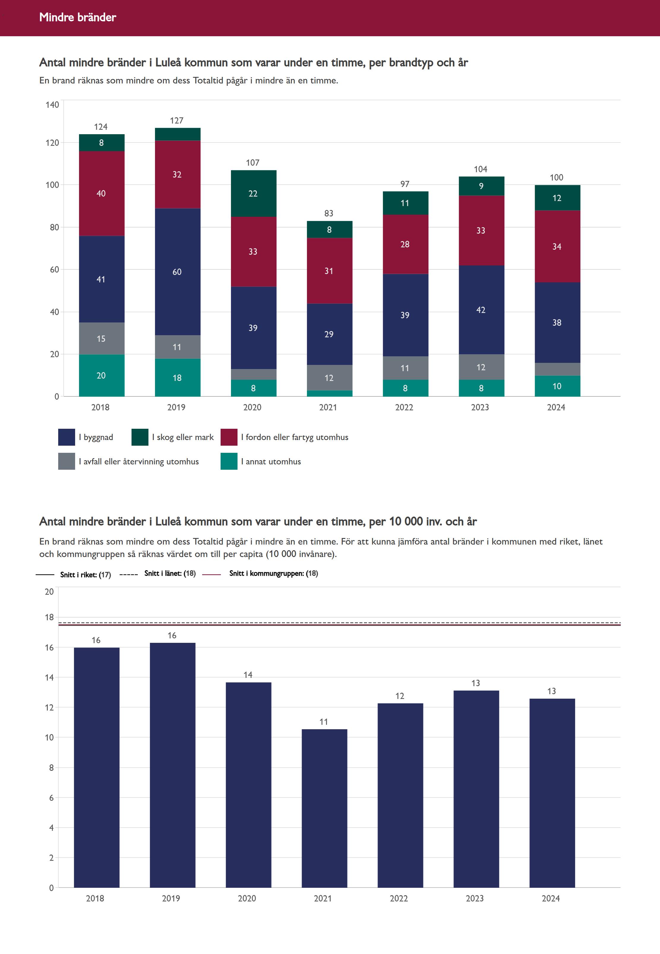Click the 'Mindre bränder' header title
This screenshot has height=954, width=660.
point(78,17)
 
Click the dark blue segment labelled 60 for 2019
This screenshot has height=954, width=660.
point(178,272)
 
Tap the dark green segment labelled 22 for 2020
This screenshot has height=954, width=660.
point(253,194)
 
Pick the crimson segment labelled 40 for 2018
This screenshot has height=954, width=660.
point(101,194)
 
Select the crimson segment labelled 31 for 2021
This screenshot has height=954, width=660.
point(329,271)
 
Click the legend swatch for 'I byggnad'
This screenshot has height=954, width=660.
point(67,437)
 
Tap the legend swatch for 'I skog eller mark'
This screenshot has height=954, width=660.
point(140,437)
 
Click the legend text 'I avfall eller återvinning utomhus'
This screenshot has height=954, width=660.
point(139,461)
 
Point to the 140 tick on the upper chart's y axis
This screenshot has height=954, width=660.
point(53,105)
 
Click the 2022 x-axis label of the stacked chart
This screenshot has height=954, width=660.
point(404,407)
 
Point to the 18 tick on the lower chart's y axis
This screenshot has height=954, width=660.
point(49,617)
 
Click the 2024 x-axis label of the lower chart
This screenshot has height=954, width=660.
point(551,898)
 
